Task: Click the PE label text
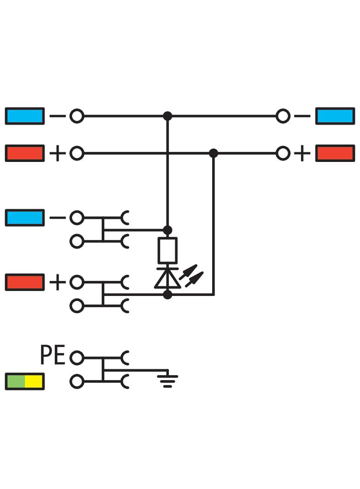52,355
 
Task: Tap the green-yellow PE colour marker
25,381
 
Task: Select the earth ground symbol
168,379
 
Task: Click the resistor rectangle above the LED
168,250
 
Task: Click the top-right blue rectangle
335,116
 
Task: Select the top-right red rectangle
335,153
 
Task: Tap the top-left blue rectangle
25,116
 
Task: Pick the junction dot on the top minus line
168,116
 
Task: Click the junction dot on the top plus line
214,153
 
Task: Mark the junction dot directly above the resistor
168,230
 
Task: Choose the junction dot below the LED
168,295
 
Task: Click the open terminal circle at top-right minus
283,116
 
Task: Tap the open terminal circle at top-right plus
283,153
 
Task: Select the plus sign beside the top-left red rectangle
57,153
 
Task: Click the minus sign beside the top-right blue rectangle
302,116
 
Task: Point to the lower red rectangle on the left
25,282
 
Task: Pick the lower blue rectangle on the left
25,218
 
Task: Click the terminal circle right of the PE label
77,358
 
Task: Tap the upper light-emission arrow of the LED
188,272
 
